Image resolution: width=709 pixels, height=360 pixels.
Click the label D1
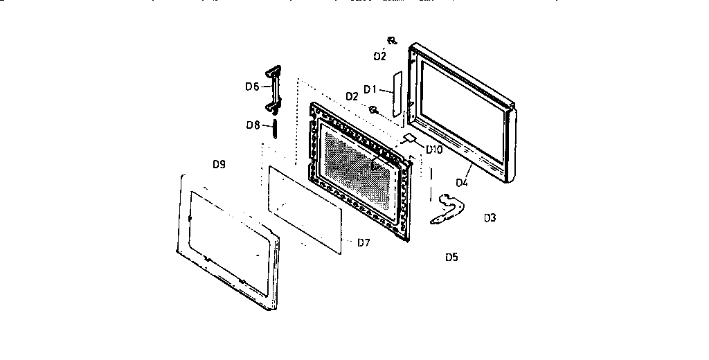click(x=370, y=89)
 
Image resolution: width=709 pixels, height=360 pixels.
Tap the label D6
click(x=252, y=87)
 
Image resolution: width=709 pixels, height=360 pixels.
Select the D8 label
click(x=252, y=125)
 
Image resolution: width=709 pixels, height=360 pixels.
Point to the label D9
click(x=219, y=165)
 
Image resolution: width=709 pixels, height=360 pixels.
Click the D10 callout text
click(x=434, y=149)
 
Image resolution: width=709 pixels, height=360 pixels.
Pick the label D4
click(x=462, y=183)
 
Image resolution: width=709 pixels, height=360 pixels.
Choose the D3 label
click(x=490, y=218)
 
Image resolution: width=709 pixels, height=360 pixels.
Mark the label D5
click(x=451, y=257)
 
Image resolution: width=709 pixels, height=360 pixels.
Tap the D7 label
click(x=364, y=242)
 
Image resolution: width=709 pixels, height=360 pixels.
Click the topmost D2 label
click(x=379, y=56)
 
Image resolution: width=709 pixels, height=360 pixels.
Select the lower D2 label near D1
click(x=351, y=96)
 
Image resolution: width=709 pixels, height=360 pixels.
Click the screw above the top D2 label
click(x=392, y=41)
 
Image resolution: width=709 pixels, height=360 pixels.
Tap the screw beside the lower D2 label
click(x=373, y=109)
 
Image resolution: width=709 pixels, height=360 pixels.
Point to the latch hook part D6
click(x=273, y=89)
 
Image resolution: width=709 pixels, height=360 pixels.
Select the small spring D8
click(x=275, y=128)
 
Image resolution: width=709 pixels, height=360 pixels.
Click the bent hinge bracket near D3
click(x=447, y=210)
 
